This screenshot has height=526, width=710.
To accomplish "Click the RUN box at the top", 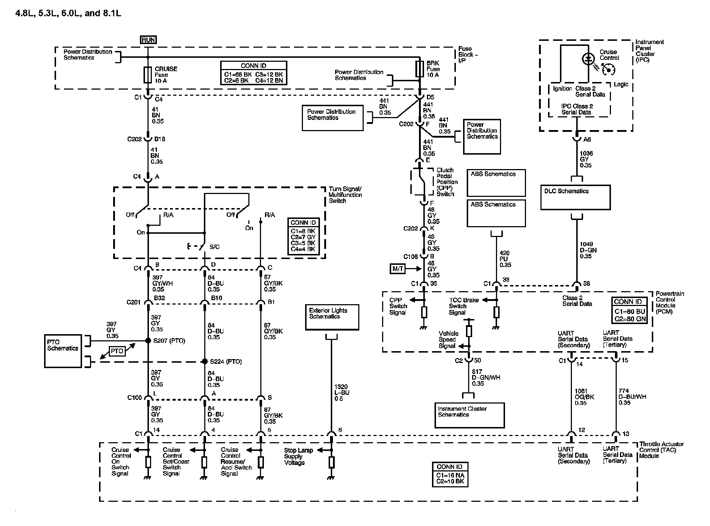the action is [148, 40].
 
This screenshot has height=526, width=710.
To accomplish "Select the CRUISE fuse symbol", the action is [148, 75].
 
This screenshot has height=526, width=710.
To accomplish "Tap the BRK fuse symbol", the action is [419, 69].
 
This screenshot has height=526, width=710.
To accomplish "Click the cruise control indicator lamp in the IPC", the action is [589, 59].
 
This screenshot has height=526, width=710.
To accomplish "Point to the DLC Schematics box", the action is [575, 197].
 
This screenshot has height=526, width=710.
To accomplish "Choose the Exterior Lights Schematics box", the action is [332, 317].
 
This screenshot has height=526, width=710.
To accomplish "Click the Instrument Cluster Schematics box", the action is [469, 415].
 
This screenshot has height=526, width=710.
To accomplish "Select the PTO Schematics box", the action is [63, 350].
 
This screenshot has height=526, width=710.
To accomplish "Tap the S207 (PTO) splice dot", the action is [148, 340].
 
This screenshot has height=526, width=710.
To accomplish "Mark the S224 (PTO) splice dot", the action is [205, 361].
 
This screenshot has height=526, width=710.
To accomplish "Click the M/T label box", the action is [398, 269].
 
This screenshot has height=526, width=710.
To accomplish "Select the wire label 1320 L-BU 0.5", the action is [341, 393].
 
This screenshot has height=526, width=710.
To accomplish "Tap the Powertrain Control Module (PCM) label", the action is [670, 302].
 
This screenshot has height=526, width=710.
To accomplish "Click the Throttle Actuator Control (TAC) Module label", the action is [661, 450].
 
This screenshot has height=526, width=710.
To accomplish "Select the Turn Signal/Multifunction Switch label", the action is [345, 195].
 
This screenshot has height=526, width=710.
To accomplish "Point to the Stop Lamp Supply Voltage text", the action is [298, 456].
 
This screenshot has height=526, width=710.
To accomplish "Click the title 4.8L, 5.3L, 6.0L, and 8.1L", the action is [68, 14].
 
